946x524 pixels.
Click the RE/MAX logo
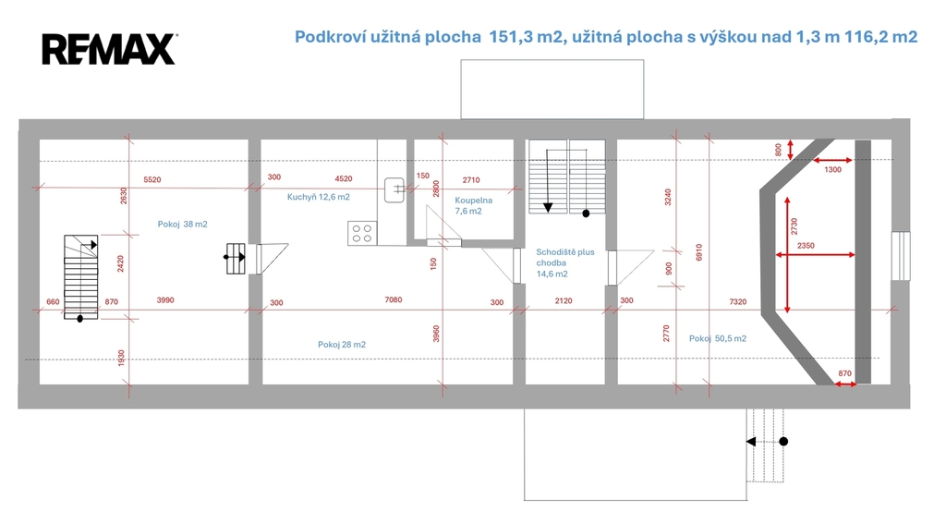click(109, 49)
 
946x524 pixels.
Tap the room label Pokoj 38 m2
click(182, 224)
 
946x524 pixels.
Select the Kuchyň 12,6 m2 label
click(318, 197)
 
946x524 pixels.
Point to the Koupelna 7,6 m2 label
click(474, 205)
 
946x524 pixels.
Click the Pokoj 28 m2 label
click(342, 345)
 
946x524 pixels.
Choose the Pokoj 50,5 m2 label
click(717, 338)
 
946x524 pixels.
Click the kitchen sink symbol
click(394, 189)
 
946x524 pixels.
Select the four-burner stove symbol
click(362, 233)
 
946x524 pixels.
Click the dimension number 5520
click(152, 180)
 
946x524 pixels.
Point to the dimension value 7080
click(394, 300)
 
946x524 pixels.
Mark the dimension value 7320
click(738, 301)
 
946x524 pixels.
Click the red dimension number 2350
click(806, 246)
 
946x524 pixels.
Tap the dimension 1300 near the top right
click(832, 170)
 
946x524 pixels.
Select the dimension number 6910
click(698, 251)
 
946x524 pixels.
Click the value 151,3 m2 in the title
click(525, 37)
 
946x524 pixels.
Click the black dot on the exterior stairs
click(783, 442)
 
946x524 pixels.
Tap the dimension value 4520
click(344, 178)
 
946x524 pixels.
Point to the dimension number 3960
click(436, 334)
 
